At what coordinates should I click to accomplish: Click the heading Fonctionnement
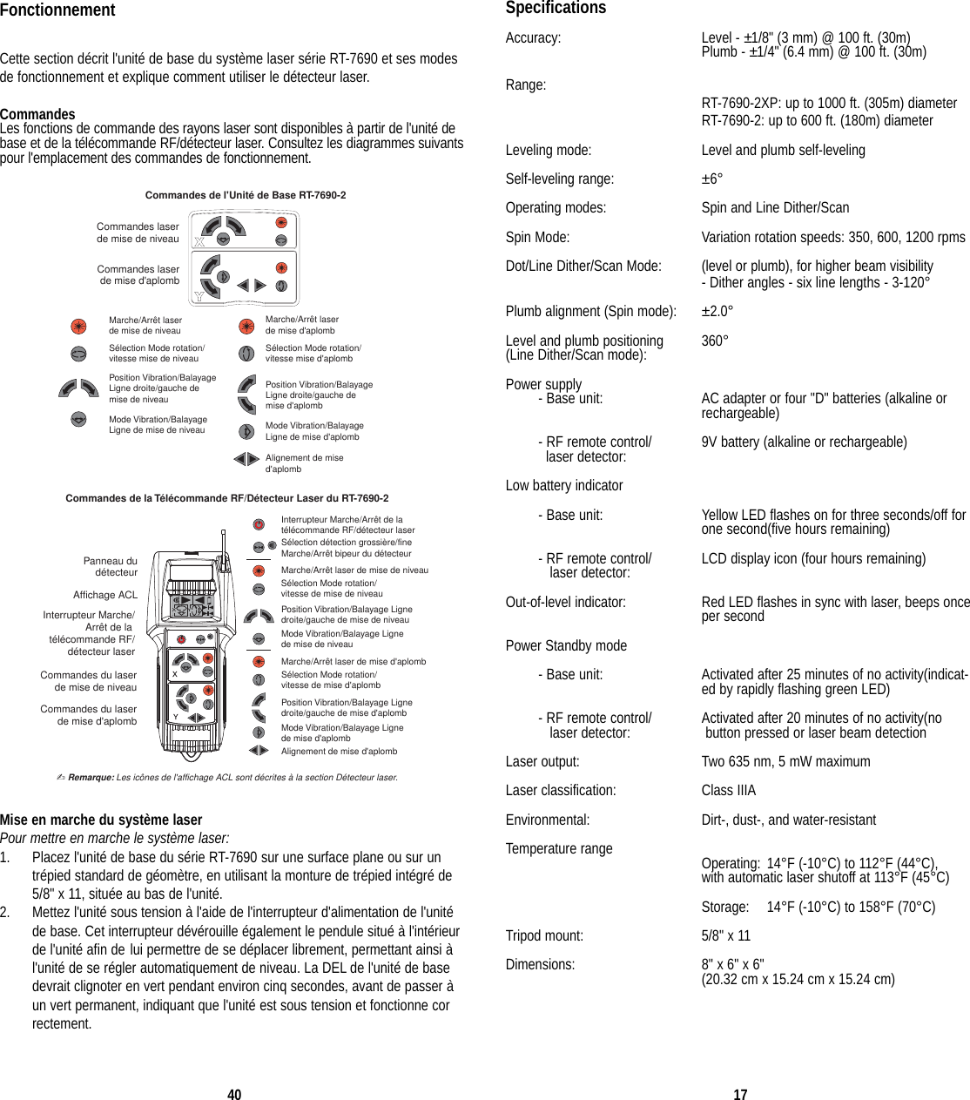57,10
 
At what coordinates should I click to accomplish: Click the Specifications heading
556,8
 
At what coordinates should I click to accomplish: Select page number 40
234,1095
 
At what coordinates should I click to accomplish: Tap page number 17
740,1095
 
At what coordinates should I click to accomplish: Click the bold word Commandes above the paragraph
37,114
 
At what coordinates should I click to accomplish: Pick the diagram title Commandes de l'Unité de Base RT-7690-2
246,195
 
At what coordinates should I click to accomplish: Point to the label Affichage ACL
105,595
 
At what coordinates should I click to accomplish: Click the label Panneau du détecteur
111,567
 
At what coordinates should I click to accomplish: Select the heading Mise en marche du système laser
101,820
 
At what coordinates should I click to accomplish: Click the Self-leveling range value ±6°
712,179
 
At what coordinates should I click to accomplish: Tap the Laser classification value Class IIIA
729,790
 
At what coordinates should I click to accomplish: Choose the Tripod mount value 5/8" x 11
726,935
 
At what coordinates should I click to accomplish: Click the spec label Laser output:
542,761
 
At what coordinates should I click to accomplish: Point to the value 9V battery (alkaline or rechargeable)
804,442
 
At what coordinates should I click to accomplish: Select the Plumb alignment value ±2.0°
717,311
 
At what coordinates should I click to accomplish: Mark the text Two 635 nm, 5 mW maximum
785,761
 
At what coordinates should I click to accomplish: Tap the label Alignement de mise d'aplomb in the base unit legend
304,463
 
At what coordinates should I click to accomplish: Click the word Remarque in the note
91,777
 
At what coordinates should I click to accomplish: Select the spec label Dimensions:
541,964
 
